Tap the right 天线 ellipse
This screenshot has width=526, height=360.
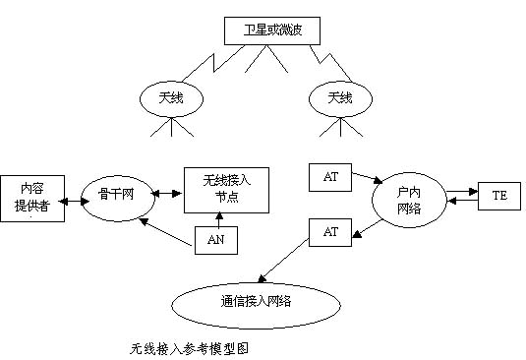point(338,98)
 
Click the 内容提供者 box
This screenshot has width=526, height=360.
point(36,200)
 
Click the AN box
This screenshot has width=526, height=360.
point(215,239)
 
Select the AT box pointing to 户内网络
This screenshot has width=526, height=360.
point(329,177)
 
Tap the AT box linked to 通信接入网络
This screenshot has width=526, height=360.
point(329,232)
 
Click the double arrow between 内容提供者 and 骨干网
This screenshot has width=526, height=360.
point(78,195)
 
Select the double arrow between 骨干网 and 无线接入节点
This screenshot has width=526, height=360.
point(166,189)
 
